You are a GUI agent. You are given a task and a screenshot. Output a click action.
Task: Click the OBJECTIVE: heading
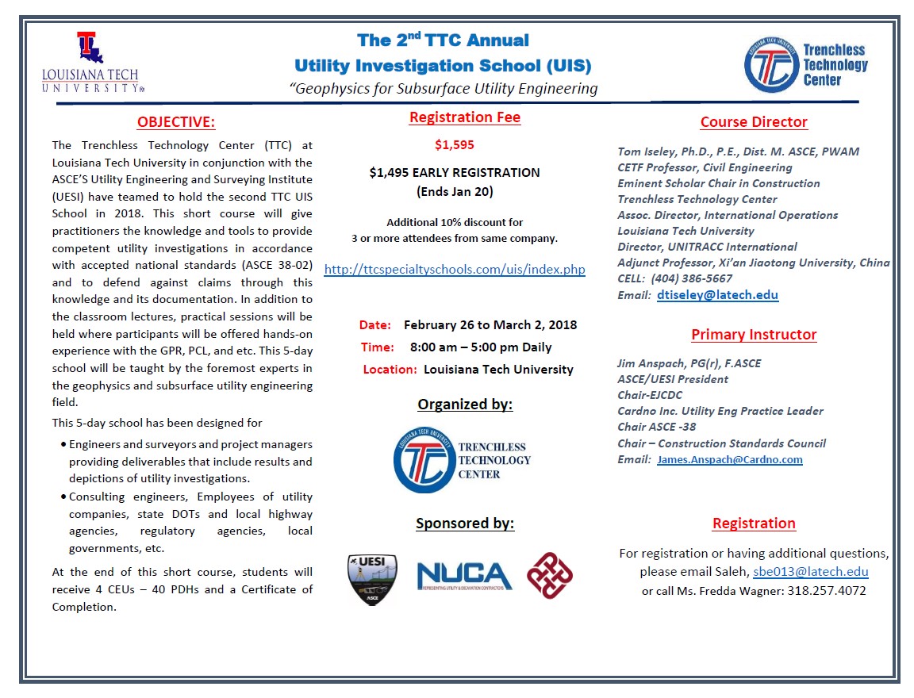(175, 122)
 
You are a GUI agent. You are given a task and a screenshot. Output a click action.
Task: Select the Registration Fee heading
(465, 117)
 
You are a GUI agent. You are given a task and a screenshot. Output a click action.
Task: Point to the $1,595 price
(455, 145)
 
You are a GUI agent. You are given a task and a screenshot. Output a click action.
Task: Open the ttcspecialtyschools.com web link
(455, 270)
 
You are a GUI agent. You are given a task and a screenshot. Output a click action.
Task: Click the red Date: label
(375, 325)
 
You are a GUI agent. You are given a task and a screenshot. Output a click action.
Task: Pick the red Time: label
(377, 347)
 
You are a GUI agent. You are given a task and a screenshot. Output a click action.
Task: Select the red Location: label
(390, 370)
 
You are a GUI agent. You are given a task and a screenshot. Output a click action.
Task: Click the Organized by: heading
(465, 405)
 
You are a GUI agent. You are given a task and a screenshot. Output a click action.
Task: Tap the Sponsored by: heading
(465, 523)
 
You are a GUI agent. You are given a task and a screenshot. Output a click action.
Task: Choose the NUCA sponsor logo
(465, 577)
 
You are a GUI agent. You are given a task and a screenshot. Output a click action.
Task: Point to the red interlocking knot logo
(550, 576)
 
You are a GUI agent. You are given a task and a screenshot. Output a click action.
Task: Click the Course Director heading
(754, 122)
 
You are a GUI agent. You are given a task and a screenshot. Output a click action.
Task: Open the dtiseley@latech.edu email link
(717, 295)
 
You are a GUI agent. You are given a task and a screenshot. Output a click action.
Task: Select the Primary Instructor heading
(754, 335)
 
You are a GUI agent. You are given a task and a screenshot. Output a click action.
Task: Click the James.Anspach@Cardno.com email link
(729, 460)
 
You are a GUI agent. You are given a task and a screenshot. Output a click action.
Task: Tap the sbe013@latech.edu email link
(811, 572)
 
